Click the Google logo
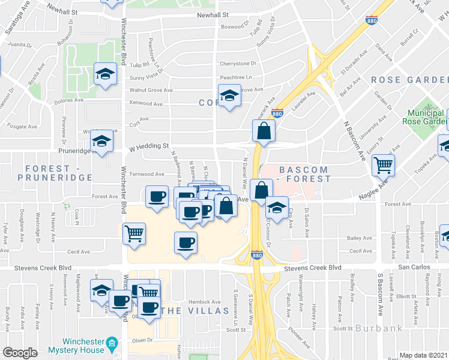20,353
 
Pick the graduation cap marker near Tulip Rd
106,74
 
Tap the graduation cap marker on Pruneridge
102,142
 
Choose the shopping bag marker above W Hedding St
264,130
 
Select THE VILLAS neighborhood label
196,310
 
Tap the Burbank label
376,328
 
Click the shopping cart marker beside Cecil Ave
134,232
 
